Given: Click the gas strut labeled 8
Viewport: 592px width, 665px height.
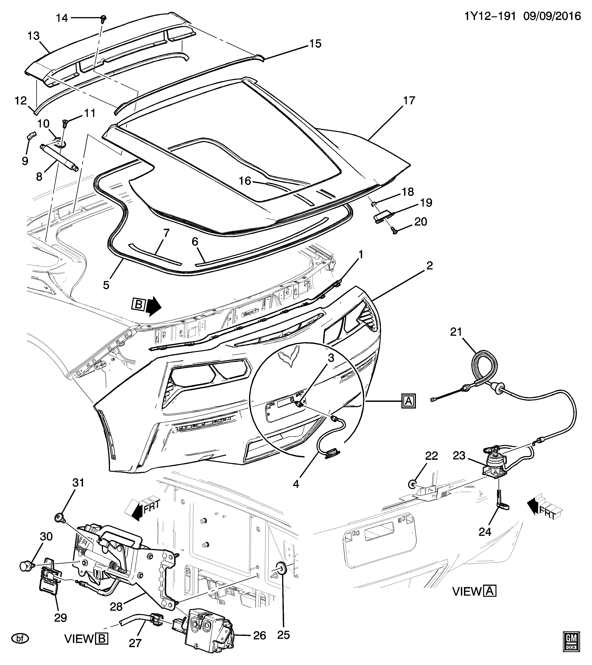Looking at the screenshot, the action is point(59,157).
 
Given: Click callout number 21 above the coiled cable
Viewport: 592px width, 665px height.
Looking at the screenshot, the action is point(456,332).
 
